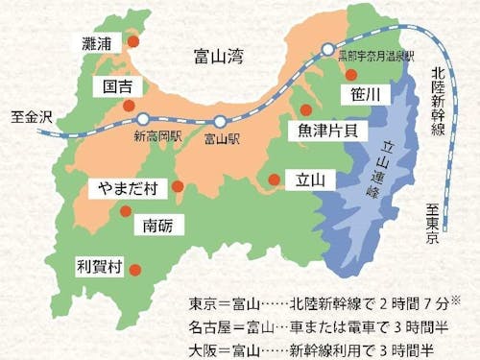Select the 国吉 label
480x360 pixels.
tap(123, 86)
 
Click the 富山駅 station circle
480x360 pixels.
tap(220, 121)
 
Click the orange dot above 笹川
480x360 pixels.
tap(351, 74)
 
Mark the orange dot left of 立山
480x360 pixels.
tap(275, 179)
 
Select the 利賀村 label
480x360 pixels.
tap(98, 263)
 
